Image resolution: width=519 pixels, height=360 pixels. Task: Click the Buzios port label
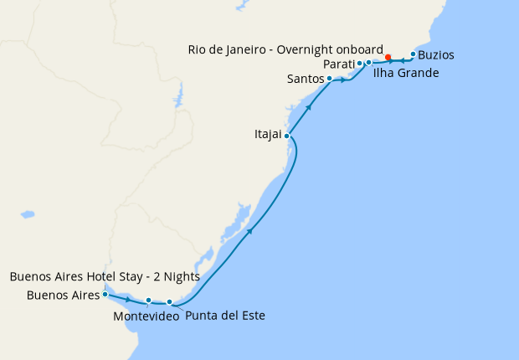point(437,55)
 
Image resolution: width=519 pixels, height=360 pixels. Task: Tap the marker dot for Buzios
point(413,54)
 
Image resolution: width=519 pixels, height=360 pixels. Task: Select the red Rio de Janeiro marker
point(388,58)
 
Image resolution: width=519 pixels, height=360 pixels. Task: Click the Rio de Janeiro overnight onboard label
point(285,49)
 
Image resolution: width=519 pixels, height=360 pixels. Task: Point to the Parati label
point(338,64)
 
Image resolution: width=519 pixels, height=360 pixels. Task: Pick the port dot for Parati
point(359,64)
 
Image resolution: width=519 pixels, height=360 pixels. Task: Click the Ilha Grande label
point(406,73)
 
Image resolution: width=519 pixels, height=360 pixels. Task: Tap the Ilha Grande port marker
point(368,63)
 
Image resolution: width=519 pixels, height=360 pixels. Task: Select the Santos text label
point(305,80)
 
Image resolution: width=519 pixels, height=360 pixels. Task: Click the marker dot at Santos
point(329,79)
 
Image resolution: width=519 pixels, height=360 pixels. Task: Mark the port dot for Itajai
point(287,136)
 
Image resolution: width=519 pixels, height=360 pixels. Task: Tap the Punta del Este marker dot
point(170,302)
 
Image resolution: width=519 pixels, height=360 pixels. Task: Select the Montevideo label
point(145,316)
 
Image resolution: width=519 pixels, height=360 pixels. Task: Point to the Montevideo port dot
point(149,301)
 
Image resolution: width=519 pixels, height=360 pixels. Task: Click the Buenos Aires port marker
point(105,295)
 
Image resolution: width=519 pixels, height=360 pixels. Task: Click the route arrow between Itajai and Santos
point(309,107)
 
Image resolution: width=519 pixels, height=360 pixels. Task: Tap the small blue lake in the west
point(28,214)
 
